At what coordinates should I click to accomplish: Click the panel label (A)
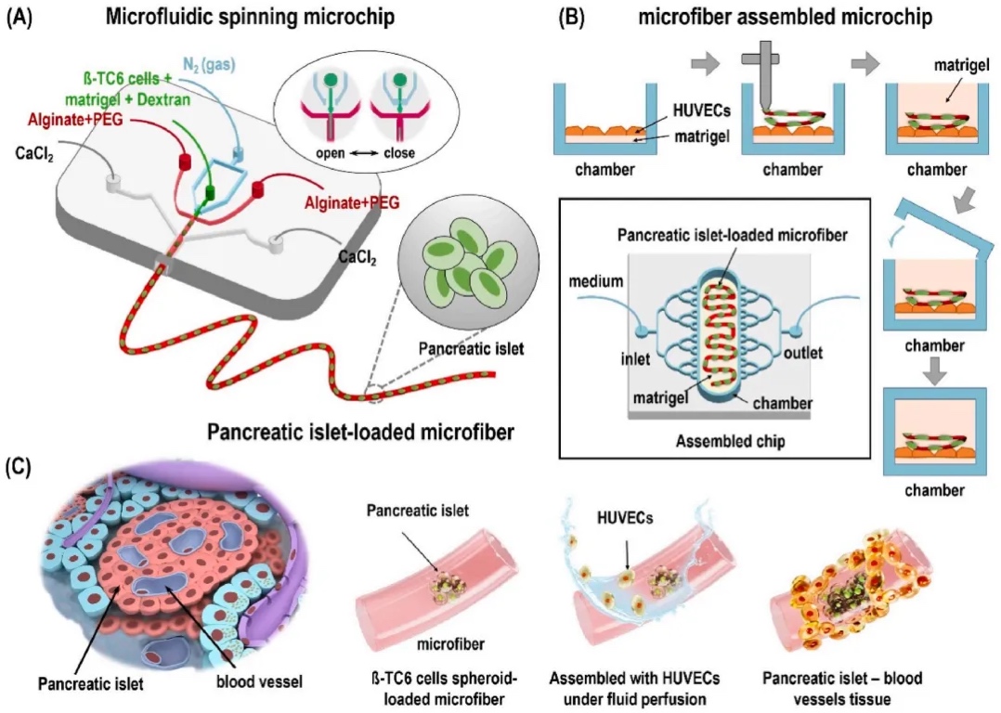tap(22, 18)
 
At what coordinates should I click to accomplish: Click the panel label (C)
tap(21, 465)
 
